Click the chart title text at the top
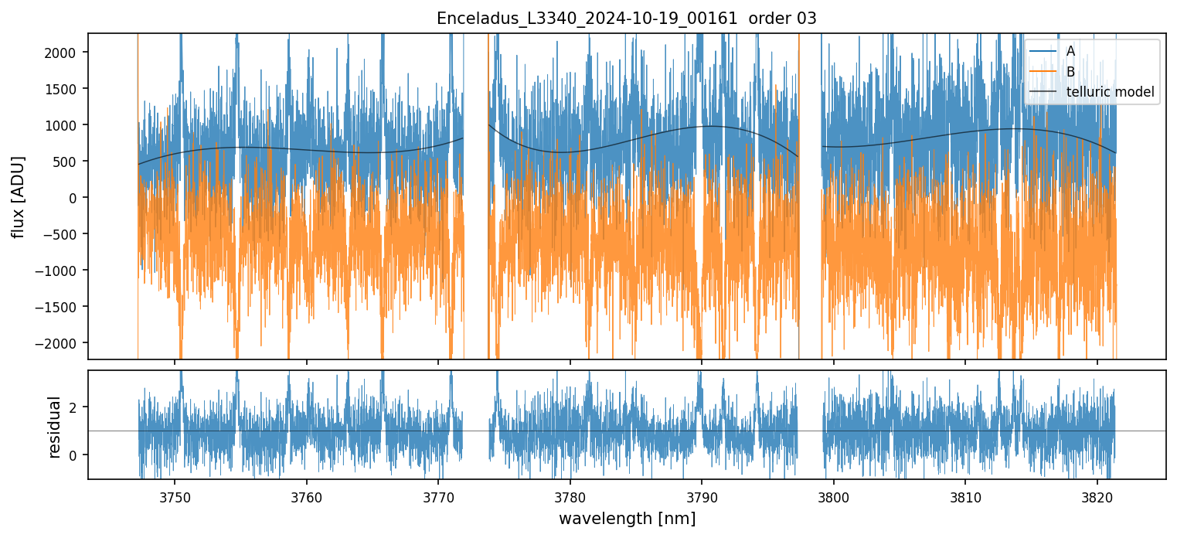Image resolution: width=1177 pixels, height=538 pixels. [627, 19]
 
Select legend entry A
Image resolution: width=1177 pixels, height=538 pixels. [1070, 51]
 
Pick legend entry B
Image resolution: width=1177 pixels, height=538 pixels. [1070, 72]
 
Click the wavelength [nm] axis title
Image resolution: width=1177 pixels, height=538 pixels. [627, 518]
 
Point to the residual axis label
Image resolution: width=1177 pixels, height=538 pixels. [54, 427]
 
